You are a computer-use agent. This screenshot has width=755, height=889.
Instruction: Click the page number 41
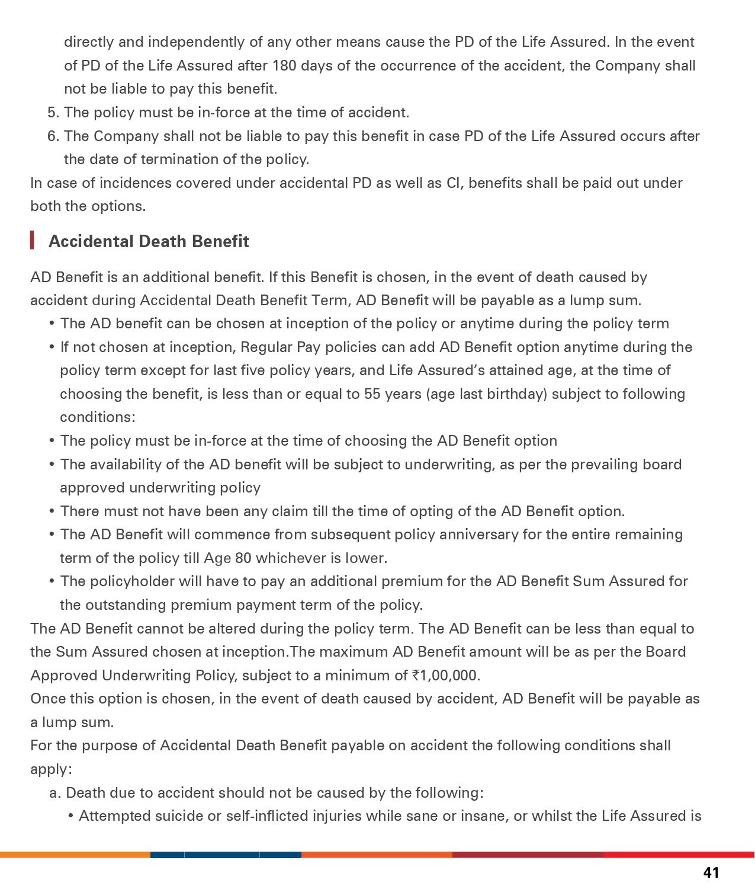pyautogui.click(x=711, y=872)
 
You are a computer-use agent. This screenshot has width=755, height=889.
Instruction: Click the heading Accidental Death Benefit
pyautogui.click(x=149, y=241)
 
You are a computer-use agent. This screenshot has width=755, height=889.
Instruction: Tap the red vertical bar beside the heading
pyautogui.click(x=32, y=241)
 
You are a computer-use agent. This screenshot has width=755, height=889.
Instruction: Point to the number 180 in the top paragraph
pyautogui.click(x=284, y=65)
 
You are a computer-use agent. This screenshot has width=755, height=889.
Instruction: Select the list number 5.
pyautogui.click(x=52, y=113)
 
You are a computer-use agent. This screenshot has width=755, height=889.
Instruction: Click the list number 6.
pyautogui.click(x=52, y=136)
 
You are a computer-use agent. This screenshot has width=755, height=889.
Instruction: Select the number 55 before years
pyautogui.click(x=372, y=394)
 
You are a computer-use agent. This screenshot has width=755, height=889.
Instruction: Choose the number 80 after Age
pyautogui.click(x=243, y=558)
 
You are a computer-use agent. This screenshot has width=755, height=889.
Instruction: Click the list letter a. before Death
pyautogui.click(x=55, y=793)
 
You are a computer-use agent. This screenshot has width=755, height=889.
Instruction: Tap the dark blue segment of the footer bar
pyautogui.click(x=226, y=855)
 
